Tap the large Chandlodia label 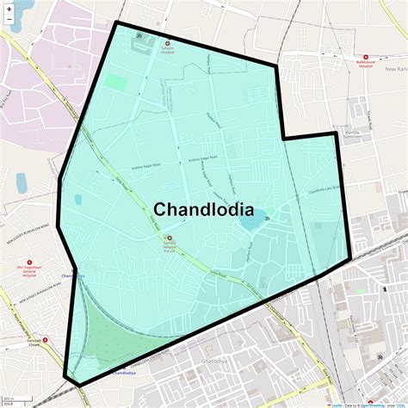pyautogui.click(x=203, y=209)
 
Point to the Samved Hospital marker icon pyautogui.click(x=169, y=238)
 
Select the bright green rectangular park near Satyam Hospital pyautogui.click(x=115, y=83)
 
